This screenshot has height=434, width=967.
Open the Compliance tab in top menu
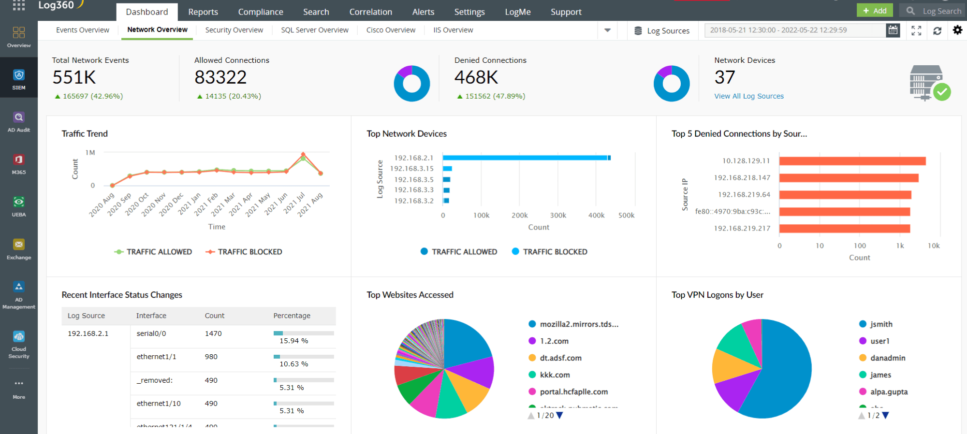click(x=260, y=12)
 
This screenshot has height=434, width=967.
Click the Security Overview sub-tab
click(x=234, y=30)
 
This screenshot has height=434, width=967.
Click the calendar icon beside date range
click(x=893, y=30)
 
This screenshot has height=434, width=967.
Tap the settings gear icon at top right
click(x=957, y=30)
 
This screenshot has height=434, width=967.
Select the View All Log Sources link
click(x=749, y=96)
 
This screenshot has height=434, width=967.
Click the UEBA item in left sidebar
click(x=19, y=206)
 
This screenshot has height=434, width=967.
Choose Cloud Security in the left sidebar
click(x=19, y=345)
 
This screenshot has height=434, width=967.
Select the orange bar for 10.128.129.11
click(x=852, y=161)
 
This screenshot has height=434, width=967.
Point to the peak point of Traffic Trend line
click(x=303, y=154)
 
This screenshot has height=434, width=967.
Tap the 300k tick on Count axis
click(x=558, y=216)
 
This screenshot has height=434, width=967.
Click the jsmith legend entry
click(x=881, y=324)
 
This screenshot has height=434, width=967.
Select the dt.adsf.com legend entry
click(x=560, y=358)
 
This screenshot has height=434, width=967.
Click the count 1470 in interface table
click(x=213, y=333)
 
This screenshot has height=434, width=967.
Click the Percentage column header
click(x=292, y=316)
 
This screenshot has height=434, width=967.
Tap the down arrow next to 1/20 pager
click(x=559, y=415)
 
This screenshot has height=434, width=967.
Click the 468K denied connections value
click(x=476, y=77)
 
